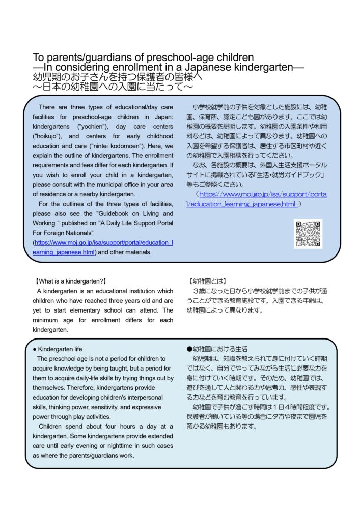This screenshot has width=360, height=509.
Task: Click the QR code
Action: coord(308,234)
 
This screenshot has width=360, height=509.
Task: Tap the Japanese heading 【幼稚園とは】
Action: coord(207,281)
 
